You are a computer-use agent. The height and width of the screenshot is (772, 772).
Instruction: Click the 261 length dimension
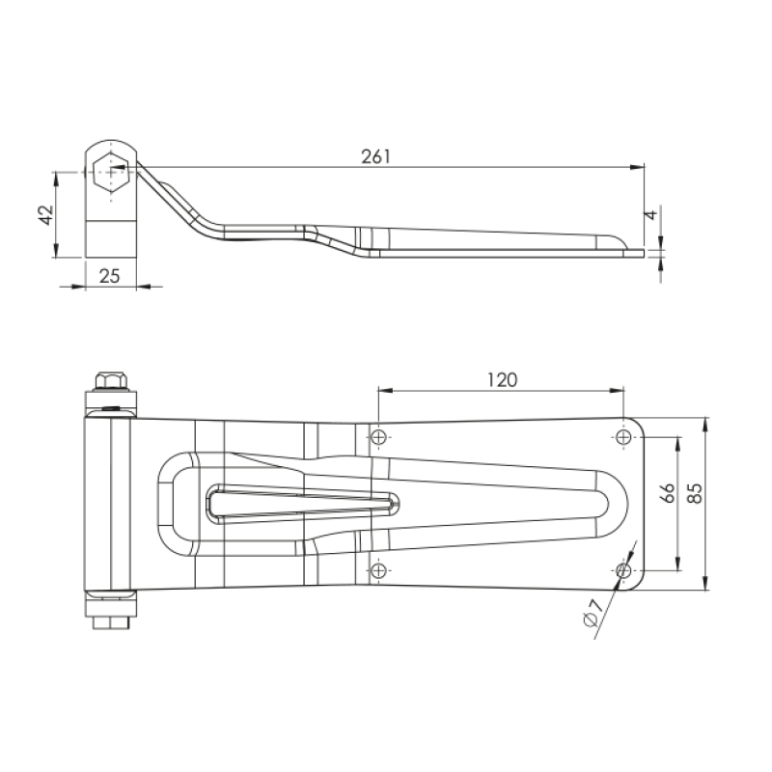[376, 156]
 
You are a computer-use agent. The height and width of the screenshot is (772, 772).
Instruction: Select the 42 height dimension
[46, 214]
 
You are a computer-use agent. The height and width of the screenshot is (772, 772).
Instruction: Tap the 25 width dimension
[109, 276]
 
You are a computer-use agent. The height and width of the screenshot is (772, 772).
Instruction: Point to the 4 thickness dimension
[650, 214]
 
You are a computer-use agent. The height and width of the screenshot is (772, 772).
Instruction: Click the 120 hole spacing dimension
[502, 380]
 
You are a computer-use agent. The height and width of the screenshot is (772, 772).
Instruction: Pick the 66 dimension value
[667, 493]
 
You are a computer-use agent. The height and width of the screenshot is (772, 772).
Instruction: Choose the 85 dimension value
[694, 493]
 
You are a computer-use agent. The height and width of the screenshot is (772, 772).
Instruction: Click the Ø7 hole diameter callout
[593, 613]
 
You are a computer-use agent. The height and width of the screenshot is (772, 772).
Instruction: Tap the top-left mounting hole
[378, 437]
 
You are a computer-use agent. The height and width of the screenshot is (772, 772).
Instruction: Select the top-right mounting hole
[623, 437]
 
